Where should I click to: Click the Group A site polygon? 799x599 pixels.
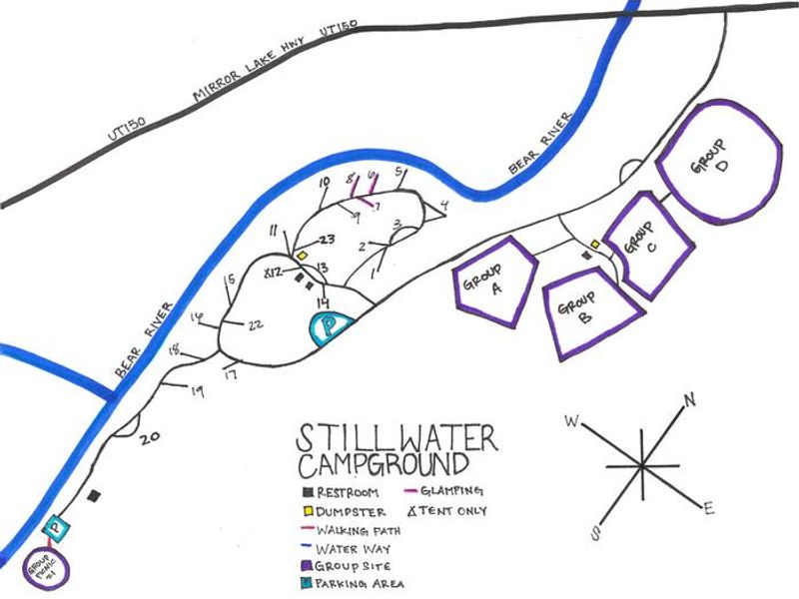pyautogui.click(x=494, y=280)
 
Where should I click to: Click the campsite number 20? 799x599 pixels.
pyautogui.click(x=151, y=436)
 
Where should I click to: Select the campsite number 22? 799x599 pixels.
pyautogui.click(x=256, y=323)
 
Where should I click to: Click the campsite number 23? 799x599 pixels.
pyautogui.click(x=327, y=240)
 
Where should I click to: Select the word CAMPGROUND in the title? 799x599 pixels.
pyautogui.click(x=381, y=465)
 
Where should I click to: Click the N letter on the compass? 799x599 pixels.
pyautogui.click(x=688, y=401)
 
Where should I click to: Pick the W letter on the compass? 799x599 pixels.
pyautogui.click(x=572, y=421)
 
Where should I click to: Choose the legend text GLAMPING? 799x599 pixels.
pyautogui.click(x=455, y=491)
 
